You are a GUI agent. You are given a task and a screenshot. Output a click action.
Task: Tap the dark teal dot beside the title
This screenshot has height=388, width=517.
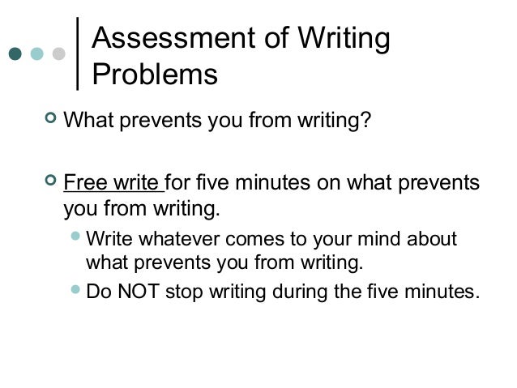coord(15,54)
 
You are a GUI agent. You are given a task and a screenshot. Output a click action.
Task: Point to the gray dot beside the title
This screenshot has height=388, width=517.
coord(58,54)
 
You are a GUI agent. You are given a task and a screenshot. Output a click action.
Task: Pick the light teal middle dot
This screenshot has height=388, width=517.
coord(36,54)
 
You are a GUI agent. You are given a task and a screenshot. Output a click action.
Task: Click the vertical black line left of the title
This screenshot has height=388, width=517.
coord(79,53)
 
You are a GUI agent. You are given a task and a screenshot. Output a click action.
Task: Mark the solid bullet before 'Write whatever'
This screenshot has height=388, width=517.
coord(75,239)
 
